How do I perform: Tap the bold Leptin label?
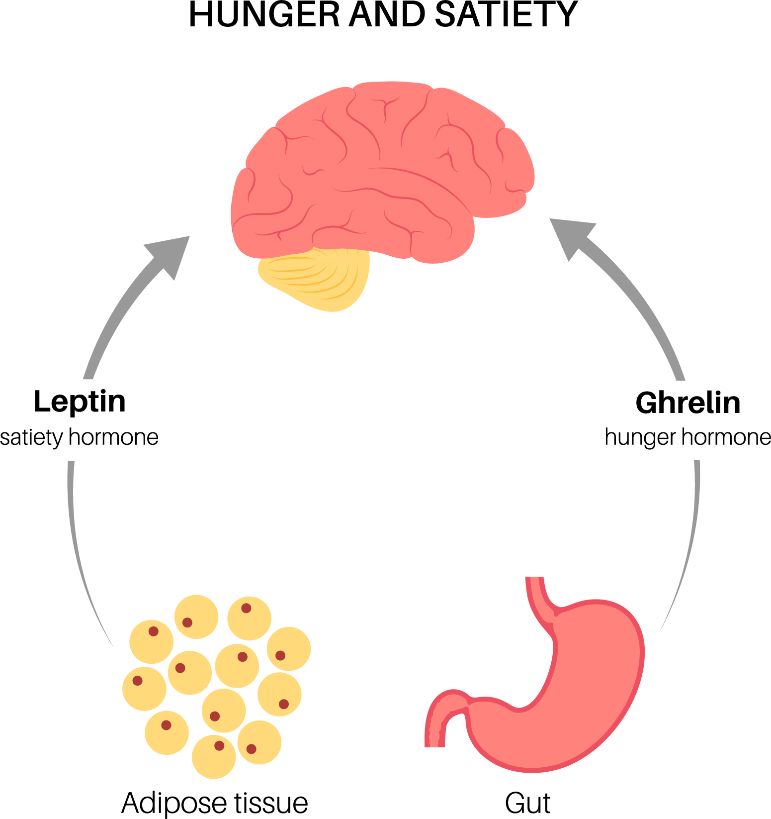pyautogui.click(x=80, y=402)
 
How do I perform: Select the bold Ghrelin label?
pyautogui.click(x=688, y=403)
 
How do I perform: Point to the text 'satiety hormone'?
pyautogui.click(x=80, y=438)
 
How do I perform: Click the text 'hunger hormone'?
pyautogui.click(x=688, y=438)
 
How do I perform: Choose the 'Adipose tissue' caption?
pyautogui.click(x=215, y=803)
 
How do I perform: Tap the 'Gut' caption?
pyautogui.click(x=527, y=803)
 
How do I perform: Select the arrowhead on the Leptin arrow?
pyautogui.click(x=169, y=254)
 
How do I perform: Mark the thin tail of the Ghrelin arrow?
pyautogui.click(x=688, y=547)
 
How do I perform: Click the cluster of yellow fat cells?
pyautogui.click(x=216, y=687)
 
